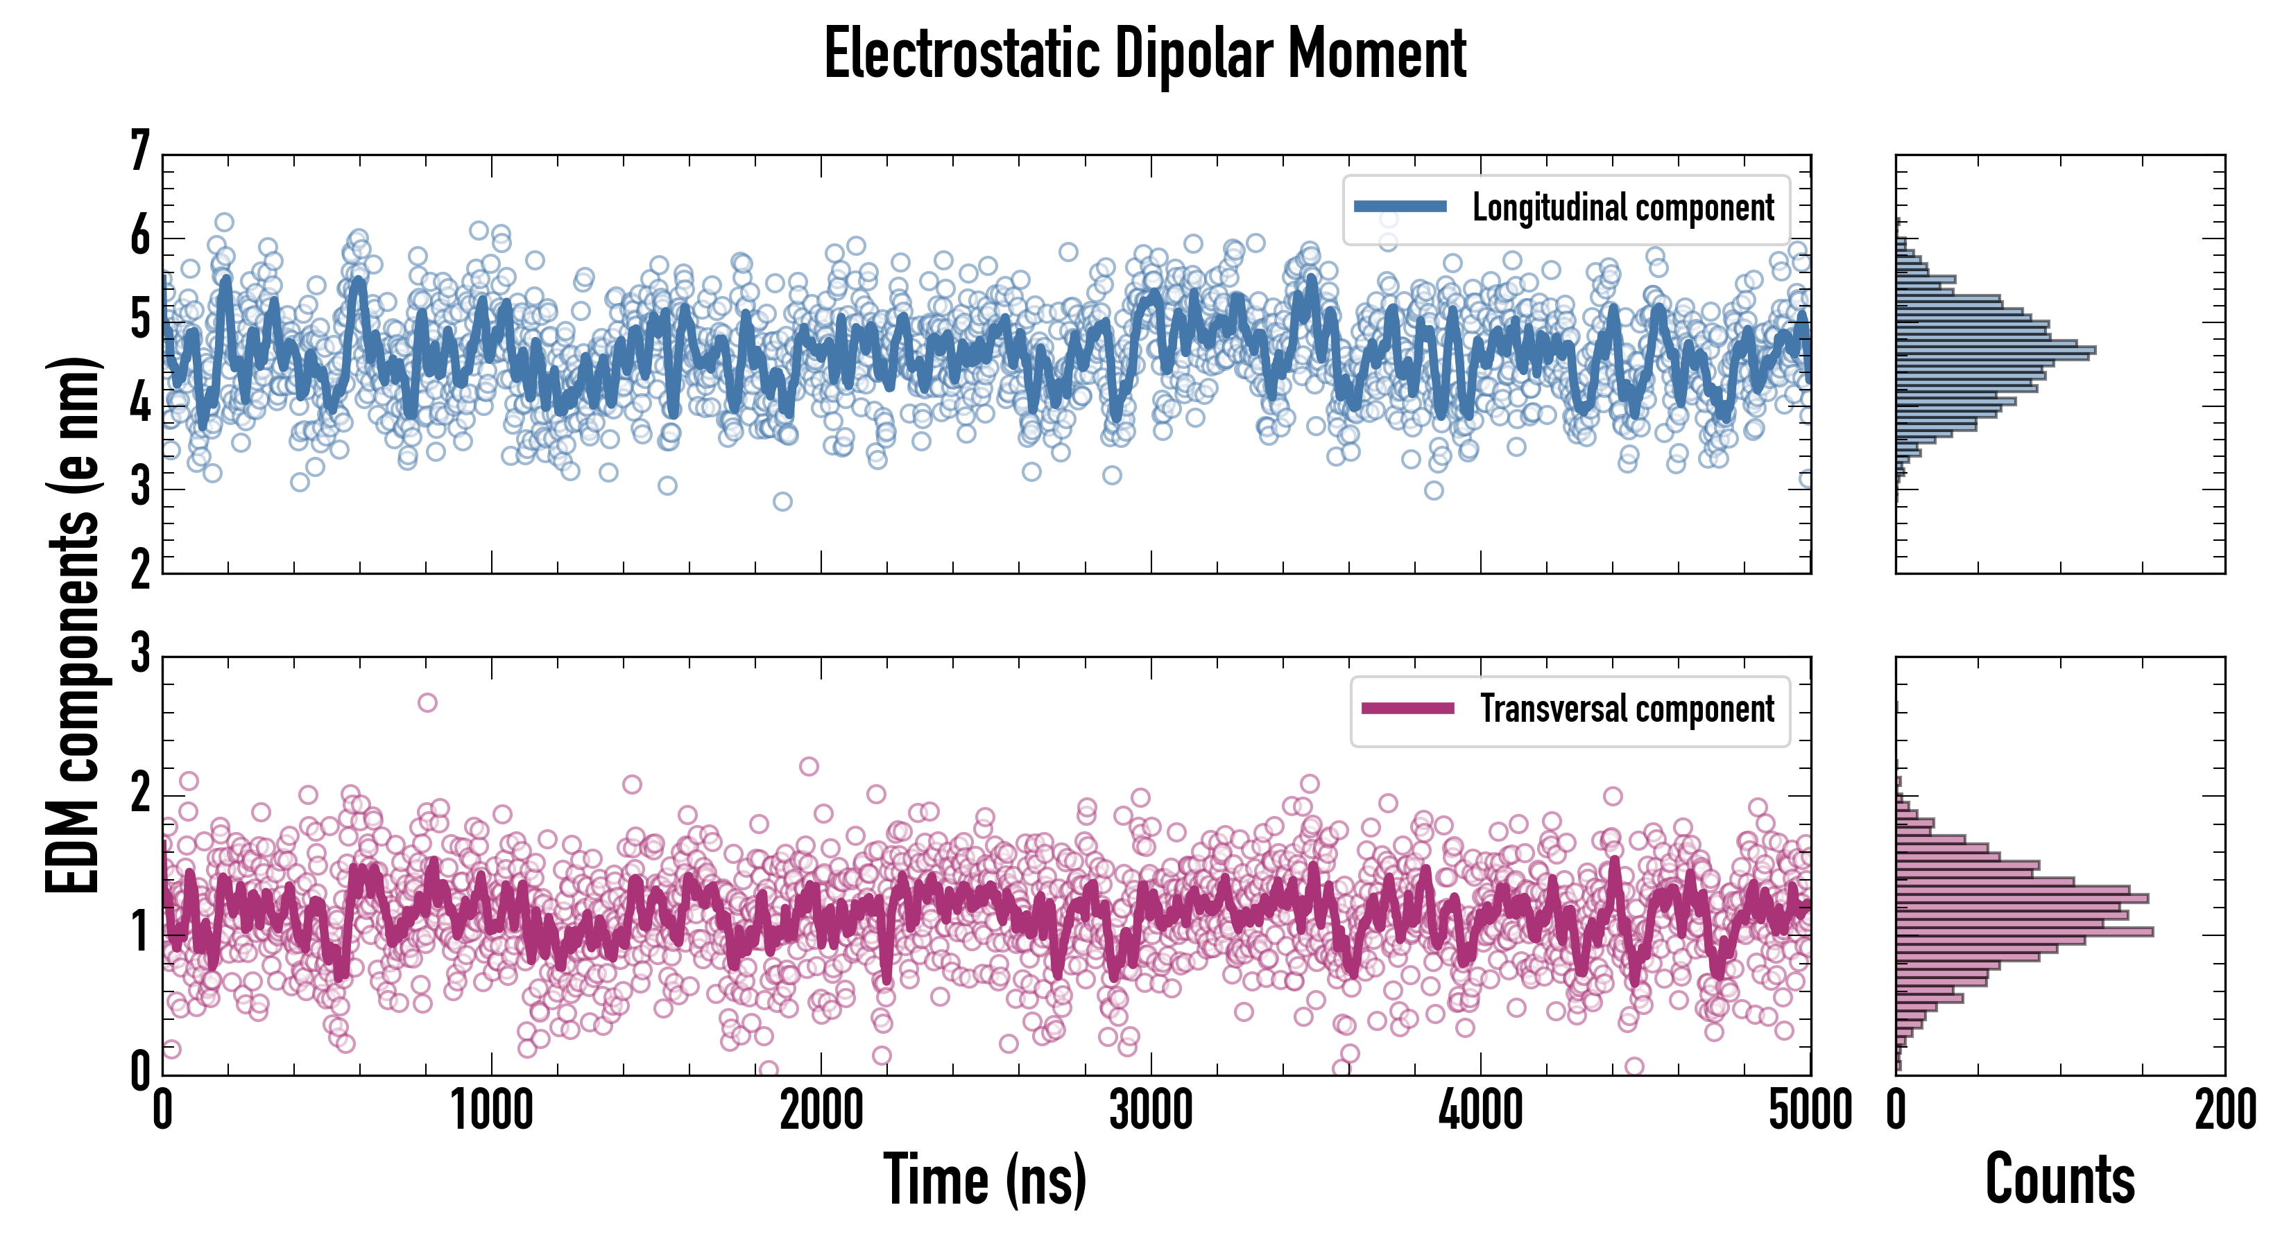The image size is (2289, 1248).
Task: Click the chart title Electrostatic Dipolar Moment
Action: tap(1144, 55)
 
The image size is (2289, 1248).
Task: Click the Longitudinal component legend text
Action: tap(1622, 208)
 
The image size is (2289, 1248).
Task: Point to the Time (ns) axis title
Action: tap(984, 1179)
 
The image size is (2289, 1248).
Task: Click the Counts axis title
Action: tap(2059, 1179)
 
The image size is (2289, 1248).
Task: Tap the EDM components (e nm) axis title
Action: tap(73, 625)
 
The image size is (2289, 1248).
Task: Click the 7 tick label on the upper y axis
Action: tap(140, 152)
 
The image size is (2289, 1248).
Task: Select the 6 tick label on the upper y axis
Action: tap(140, 237)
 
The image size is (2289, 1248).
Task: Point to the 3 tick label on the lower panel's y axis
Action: tap(140, 654)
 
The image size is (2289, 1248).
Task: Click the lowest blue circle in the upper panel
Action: tap(782, 502)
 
